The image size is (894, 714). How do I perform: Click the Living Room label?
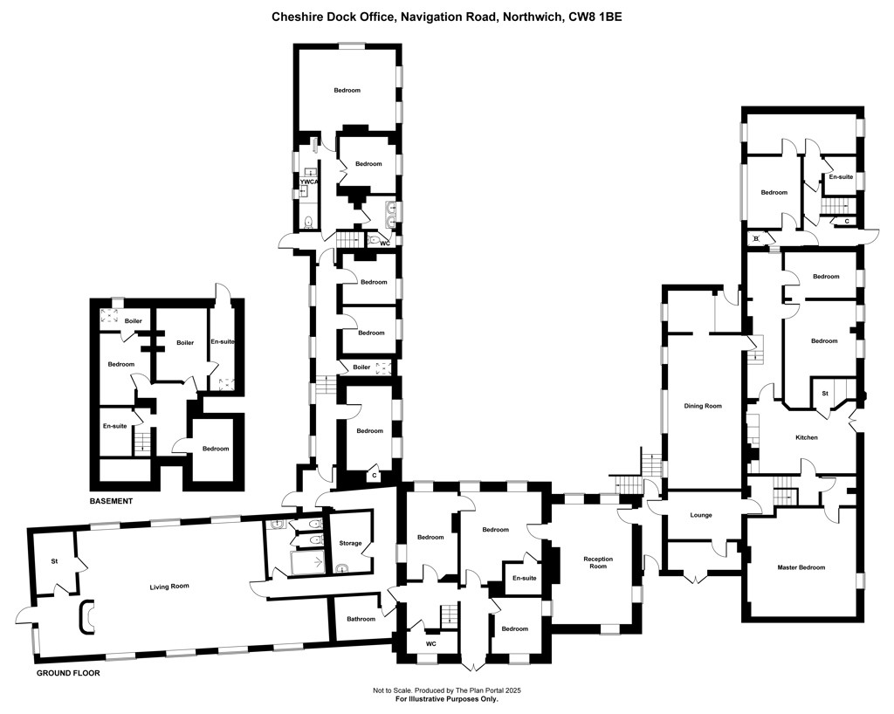coord(169,587)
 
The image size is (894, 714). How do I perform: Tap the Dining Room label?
coord(703,406)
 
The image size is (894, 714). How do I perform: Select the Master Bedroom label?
coord(801,567)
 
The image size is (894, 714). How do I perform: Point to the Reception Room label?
coord(598,562)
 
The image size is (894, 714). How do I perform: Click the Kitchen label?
coord(807,437)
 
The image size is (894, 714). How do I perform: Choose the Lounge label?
coord(701,515)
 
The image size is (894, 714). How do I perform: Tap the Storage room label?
coord(351,543)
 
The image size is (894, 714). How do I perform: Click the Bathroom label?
coord(361,619)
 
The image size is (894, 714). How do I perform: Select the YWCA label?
coord(308,182)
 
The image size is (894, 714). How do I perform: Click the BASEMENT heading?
coord(111,501)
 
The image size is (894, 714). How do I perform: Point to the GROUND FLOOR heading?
coord(68,673)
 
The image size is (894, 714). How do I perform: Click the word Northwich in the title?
coord(532,17)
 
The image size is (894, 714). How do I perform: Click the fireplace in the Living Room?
coord(86,616)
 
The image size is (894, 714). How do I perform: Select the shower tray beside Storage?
coord(308,563)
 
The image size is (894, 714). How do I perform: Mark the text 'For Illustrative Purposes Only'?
coord(447,699)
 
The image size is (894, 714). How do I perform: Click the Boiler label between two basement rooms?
coord(185,343)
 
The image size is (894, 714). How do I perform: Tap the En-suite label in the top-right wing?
coord(841,176)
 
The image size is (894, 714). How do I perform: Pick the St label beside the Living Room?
coord(55,562)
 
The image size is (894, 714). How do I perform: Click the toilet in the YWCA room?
coord(308,222)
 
